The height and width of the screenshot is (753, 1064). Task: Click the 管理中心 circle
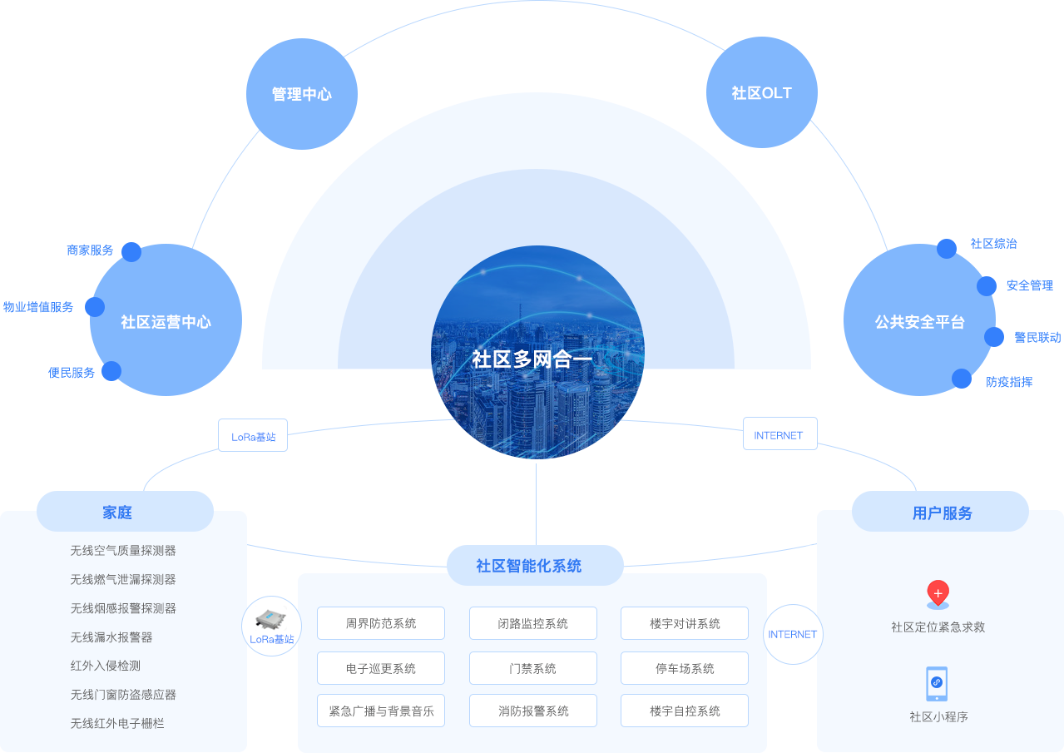click(x=302, y=94)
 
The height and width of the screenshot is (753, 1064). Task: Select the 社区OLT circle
click(x=762, y=92)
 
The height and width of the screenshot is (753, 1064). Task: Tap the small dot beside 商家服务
click(x=131, y=252)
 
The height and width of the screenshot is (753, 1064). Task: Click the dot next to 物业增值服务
click(x=95, y=307)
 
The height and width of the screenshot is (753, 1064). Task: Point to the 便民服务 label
click(x=72, y=373)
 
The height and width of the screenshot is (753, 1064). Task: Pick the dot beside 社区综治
click(x=947, y=249)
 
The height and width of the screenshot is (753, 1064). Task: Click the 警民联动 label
click(x=1037, y=337)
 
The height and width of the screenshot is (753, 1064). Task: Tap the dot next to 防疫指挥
click(x=962, y=379)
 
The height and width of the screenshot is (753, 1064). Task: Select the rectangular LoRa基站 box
click(x=253, y=435)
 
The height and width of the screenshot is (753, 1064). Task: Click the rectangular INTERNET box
click(x=780, y=433)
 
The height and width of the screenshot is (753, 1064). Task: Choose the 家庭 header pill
click(x=125, y=511)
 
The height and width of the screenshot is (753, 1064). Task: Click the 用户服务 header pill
click(x=941, y=511)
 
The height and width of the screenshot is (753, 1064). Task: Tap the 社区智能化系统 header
click(x=535, y=565)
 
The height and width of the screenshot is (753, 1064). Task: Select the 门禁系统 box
click(x=533, y=668)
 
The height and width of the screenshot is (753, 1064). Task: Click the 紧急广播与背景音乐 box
click(x=381, y=711)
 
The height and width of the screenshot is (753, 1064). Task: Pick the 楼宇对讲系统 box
click(x=685, y=623)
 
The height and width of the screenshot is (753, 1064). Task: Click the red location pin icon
click(x=938, y=594)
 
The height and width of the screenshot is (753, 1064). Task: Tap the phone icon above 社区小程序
click(x=937, y=684)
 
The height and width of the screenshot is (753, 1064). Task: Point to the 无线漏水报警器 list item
click(x=111, y=637)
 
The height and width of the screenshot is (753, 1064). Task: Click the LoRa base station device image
click(x=270, y=619)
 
